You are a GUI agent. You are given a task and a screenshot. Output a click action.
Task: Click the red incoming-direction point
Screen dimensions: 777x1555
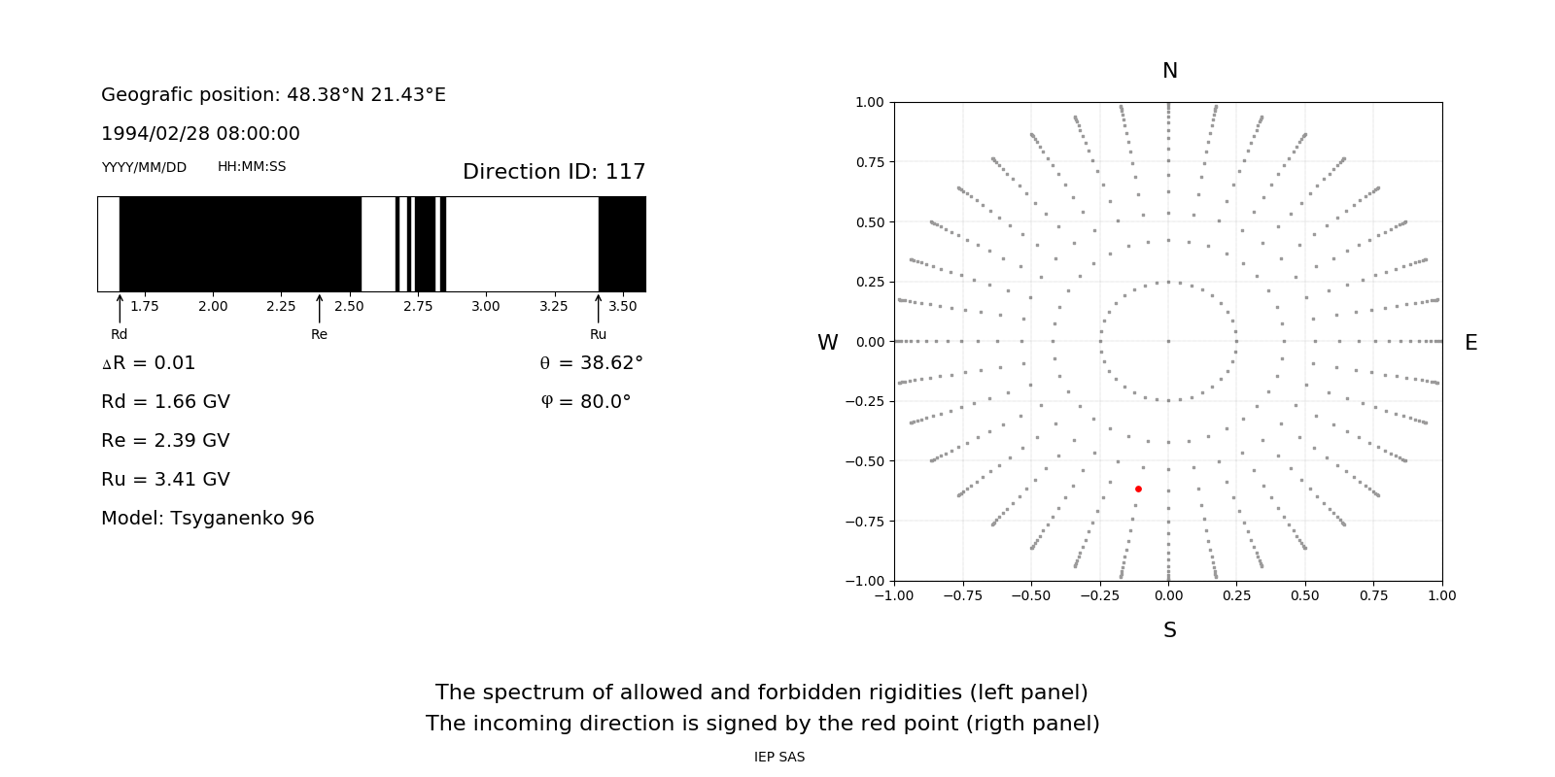click(1138, 489)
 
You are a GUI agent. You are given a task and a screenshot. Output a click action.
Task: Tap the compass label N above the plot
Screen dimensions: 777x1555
click(1170, 71)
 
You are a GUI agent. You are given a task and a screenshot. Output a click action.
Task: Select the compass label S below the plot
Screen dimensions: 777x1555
click(1170, 630)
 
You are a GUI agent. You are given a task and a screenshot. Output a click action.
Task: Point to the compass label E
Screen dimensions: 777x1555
click(1470, 343)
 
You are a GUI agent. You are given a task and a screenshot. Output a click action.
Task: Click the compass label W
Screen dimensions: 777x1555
click(827, 343)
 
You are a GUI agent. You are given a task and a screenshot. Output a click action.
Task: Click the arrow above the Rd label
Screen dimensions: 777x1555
click(120, 308)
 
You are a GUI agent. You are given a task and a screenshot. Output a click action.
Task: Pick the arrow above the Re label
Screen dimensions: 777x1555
click(319, 308)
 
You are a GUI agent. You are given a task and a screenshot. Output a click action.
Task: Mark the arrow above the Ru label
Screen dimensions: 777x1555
click(598, 308)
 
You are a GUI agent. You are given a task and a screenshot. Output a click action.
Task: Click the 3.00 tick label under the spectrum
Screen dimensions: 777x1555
click(486, 306)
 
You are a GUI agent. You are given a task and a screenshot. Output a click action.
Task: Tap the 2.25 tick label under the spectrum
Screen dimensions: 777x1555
click(281, 306)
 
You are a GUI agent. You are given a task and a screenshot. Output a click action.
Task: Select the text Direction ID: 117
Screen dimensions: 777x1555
click(554, 172)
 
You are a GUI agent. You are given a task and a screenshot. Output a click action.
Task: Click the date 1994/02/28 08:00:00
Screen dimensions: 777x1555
click(200, 133)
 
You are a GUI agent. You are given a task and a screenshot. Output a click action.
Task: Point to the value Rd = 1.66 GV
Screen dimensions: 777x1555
click(165, 401)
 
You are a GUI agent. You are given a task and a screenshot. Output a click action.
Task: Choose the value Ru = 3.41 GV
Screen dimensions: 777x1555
click(165, 479)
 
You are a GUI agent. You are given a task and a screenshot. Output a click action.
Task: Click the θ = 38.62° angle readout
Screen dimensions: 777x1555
click(591, 362)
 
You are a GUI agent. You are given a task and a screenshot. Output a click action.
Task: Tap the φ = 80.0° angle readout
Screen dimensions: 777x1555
click(585, 401)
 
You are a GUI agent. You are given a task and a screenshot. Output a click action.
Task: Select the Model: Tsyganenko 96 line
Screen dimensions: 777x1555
click(208, 518)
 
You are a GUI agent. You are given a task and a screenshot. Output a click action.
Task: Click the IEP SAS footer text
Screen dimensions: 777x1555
click(779, 757)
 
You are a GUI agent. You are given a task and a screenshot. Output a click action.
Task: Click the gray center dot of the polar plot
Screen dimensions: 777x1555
click(1168, 341)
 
